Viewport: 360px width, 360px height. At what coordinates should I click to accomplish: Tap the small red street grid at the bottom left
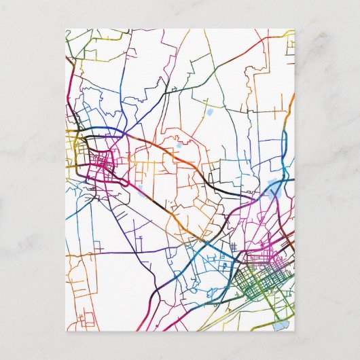point(86,316)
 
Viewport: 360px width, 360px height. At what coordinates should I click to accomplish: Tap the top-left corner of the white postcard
point(66,29)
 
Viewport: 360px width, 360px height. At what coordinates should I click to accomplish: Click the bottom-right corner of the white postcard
point(295,331)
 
